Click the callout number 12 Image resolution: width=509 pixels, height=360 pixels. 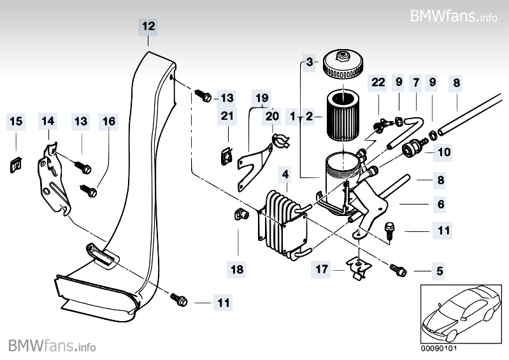point(148,26)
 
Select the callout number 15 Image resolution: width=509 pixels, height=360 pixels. point(16,121)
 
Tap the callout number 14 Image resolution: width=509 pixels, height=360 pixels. point(48,121)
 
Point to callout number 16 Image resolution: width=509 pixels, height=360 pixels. point(108,121)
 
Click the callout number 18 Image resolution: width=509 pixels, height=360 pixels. point(237,270)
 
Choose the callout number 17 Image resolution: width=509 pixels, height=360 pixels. point(322,270)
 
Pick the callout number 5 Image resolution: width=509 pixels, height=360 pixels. point(439,271)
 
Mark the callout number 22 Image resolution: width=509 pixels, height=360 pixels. point(378,83)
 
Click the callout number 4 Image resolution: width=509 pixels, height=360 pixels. point(285,173)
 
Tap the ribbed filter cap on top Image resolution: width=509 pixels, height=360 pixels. point(343,64)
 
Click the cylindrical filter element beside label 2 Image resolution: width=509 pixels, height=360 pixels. point(343,115)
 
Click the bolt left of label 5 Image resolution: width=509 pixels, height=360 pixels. point(399,270)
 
